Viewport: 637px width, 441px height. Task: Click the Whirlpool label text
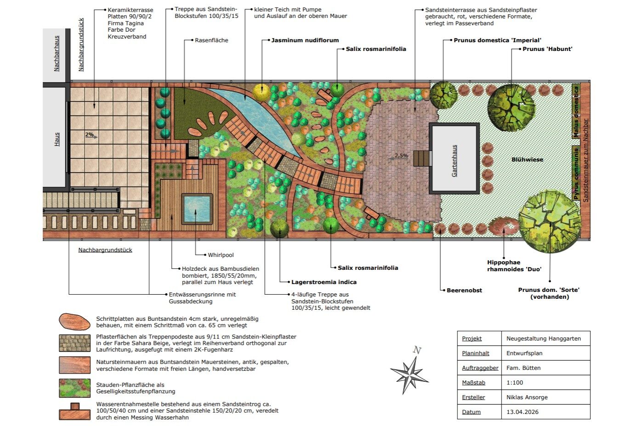point(221,255)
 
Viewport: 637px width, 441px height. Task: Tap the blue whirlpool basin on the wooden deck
point(197,209)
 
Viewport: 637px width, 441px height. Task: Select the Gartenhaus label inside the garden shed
point(455,161)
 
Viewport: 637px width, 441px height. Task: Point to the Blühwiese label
point(527,160)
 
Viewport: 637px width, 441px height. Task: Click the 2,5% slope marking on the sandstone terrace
point(401,155)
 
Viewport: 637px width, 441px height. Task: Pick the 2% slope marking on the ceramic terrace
point(89,134)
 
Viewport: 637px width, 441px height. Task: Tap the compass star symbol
point(409,375)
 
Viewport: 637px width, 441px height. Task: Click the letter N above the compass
point(417,350)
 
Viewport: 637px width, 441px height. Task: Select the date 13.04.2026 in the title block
point(523,412)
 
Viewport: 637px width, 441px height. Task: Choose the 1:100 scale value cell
point(515,383)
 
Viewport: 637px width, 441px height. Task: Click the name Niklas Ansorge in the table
point(527,397)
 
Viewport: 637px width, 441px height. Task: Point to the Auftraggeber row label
point(480,368)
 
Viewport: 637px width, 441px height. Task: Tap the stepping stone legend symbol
point(74,322)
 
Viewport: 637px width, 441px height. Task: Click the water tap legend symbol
point(74,411)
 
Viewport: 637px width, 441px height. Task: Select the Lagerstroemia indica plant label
point(324,282)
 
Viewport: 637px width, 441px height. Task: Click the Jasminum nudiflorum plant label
point(305,40)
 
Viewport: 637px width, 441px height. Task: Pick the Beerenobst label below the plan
point(464,290)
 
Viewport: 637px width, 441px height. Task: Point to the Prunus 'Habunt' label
point(547,49)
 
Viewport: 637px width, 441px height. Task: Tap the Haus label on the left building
point(57,139)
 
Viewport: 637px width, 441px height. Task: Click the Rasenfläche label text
point(211,40)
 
